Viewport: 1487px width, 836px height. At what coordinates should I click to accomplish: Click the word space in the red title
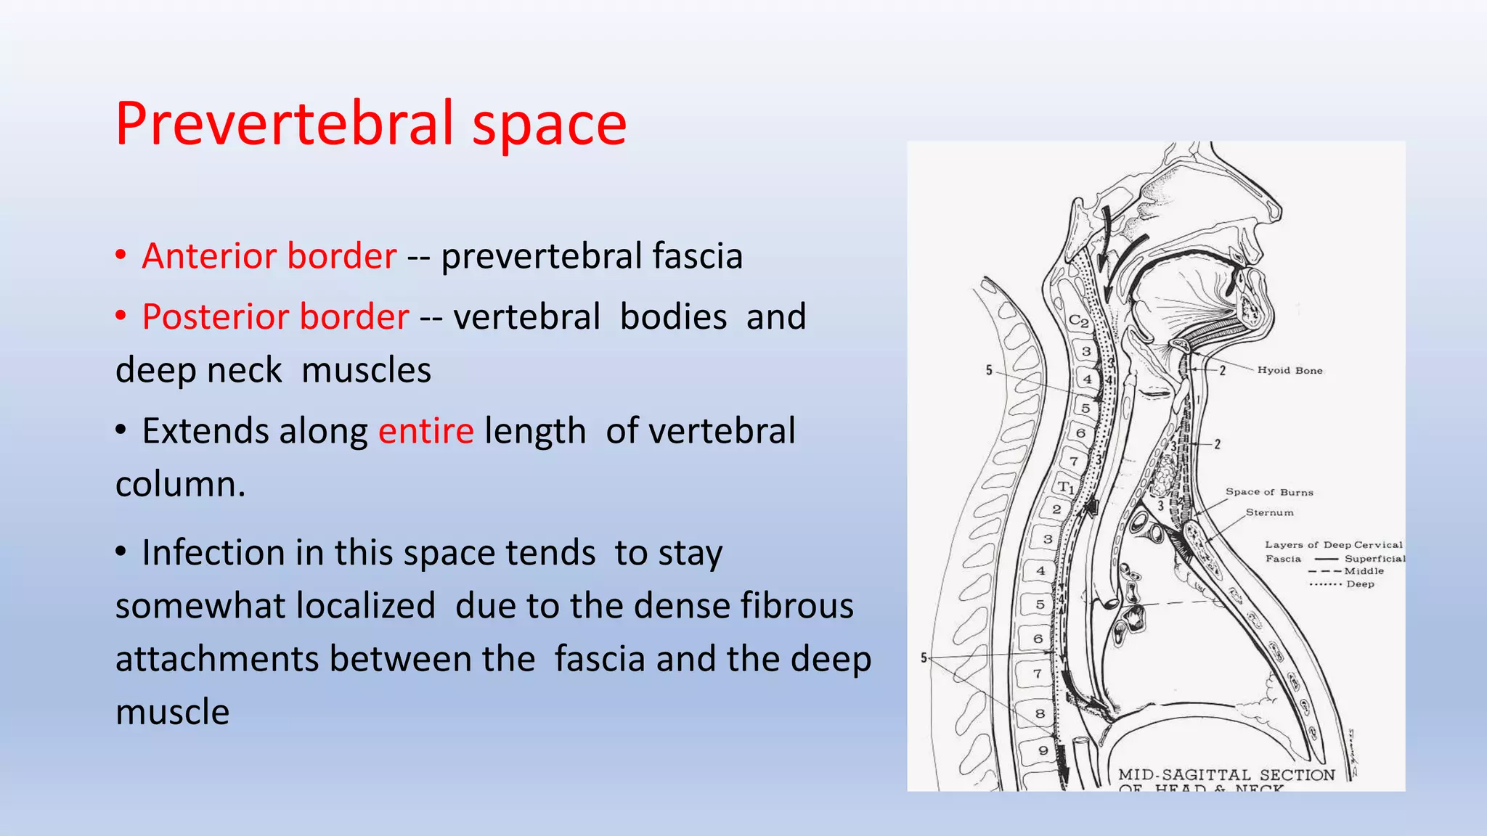coord(549,125)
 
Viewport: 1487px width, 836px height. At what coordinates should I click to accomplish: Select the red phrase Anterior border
coord(269,256)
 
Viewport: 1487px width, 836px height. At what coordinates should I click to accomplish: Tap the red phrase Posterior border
coord(275,317)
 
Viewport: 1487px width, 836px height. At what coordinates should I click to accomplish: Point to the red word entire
coord(426,431)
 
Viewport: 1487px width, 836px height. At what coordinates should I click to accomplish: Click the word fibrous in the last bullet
coord(797,606)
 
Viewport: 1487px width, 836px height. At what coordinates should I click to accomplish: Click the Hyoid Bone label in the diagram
coord(1290,370)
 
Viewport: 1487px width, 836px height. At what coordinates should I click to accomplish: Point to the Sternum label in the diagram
coord(1269,512)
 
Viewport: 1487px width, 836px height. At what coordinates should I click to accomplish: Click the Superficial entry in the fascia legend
coord(1374,559)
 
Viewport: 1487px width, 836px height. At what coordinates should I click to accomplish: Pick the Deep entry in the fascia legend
coord(1360,584)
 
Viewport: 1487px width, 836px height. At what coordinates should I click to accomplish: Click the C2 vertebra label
coord(1078,321)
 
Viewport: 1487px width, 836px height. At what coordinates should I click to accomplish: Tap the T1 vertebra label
coord(1065,487)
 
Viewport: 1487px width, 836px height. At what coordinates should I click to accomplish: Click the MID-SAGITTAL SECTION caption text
coord(1226,775)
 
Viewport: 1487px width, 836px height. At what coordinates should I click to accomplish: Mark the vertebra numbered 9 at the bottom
coord(1043,750)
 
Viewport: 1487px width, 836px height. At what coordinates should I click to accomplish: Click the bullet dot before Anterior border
coord(121,256)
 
